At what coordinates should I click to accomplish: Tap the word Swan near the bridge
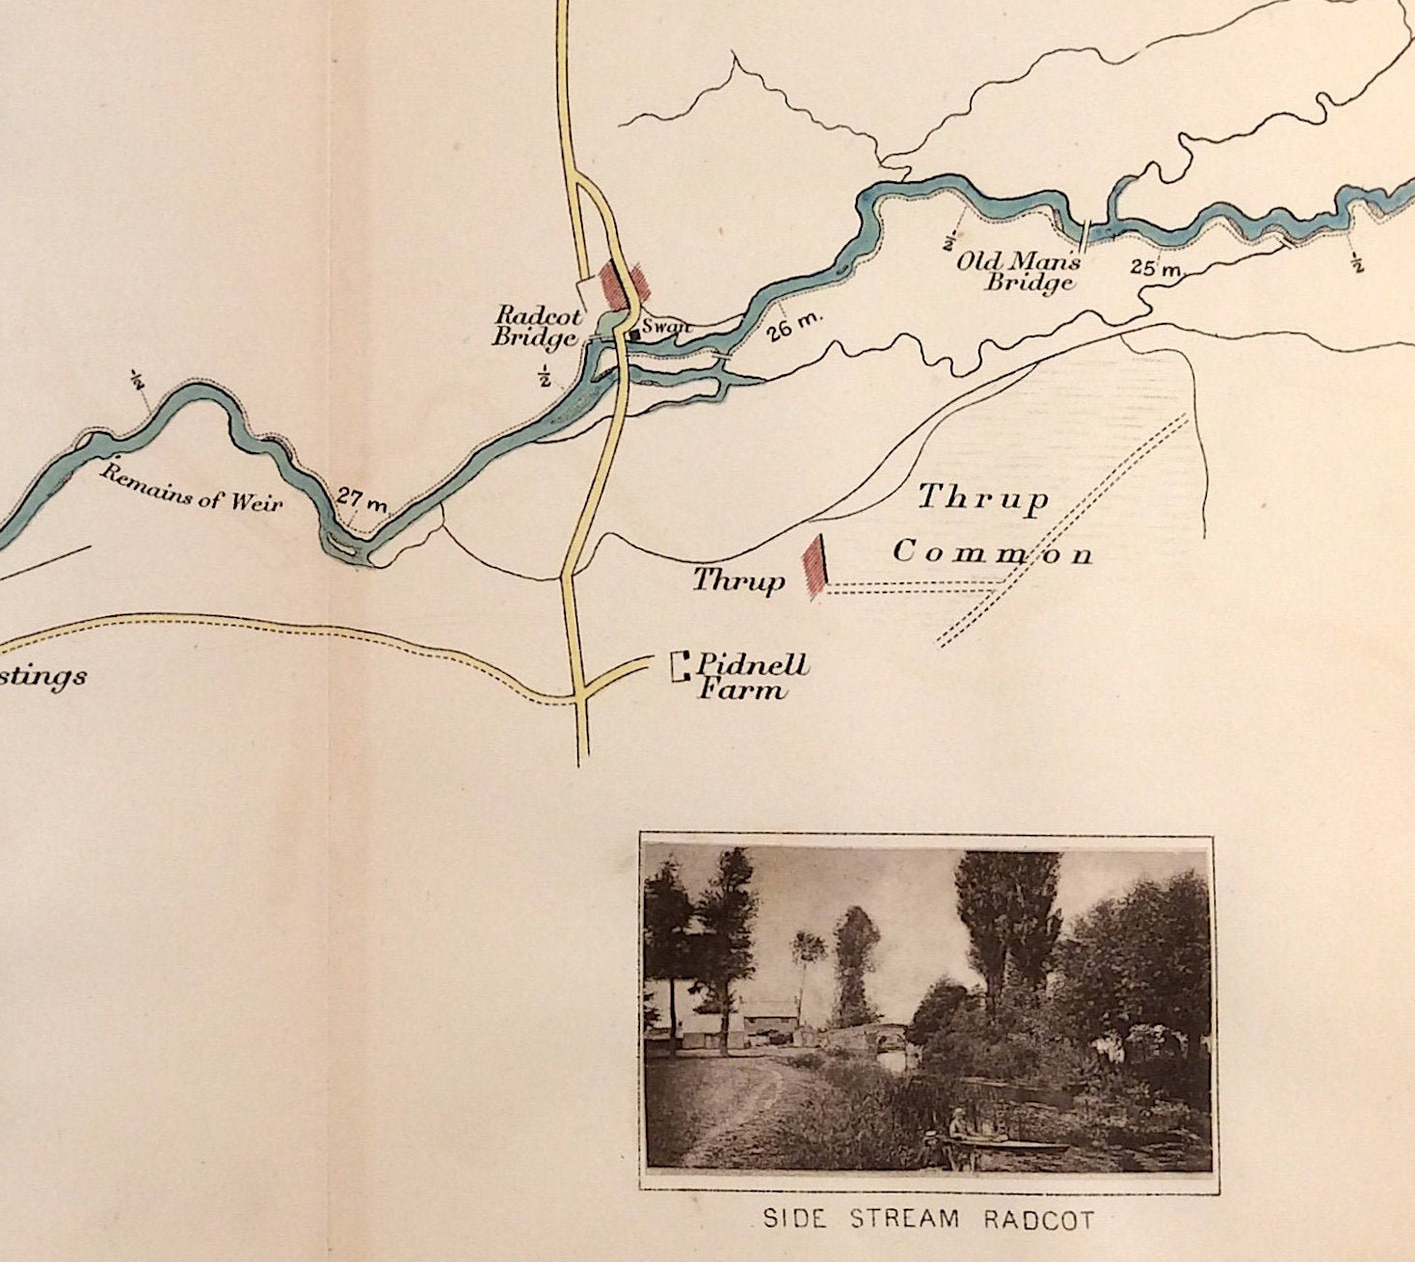tap(667, 327)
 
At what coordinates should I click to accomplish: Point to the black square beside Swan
tap(634, 334)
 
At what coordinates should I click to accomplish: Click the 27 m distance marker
tap(361, 499)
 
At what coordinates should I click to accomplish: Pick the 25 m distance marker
tap(1155, 267)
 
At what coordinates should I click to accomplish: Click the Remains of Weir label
tap(193, 488)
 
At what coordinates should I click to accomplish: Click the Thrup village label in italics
tap(738, 580)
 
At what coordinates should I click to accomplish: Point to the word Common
tap(993, 553)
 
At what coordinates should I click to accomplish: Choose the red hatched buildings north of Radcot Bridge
tap(623, 282)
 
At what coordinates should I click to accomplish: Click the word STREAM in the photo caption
tap(903, 1219)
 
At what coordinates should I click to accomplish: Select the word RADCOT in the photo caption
tap(1039, 1220)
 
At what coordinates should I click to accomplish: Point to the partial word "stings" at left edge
tap(42, 676)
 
